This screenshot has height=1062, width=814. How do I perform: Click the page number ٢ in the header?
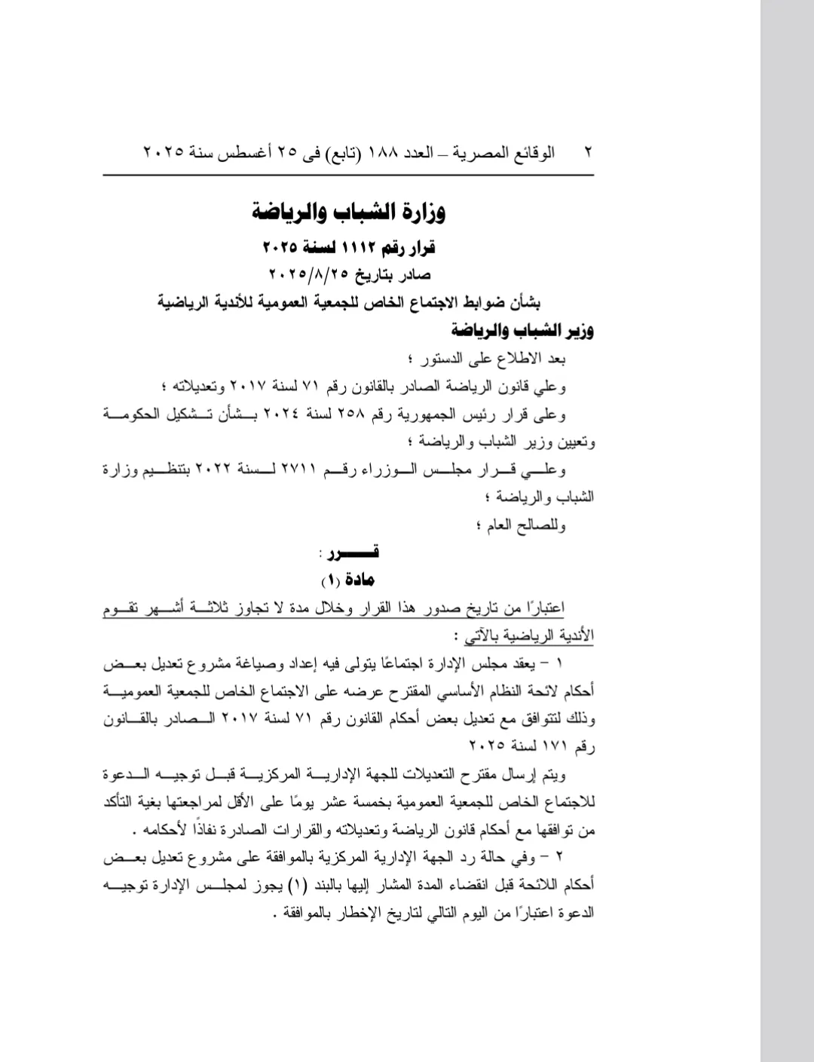click(x=588, y=152)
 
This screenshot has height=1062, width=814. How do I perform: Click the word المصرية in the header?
click(x=480, y=152)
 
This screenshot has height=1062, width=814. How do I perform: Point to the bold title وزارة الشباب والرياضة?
click(x=349, y=212)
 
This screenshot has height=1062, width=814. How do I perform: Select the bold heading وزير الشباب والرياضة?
click(x=523, y=330)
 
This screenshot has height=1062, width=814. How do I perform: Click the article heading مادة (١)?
click(x=348, y=580)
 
